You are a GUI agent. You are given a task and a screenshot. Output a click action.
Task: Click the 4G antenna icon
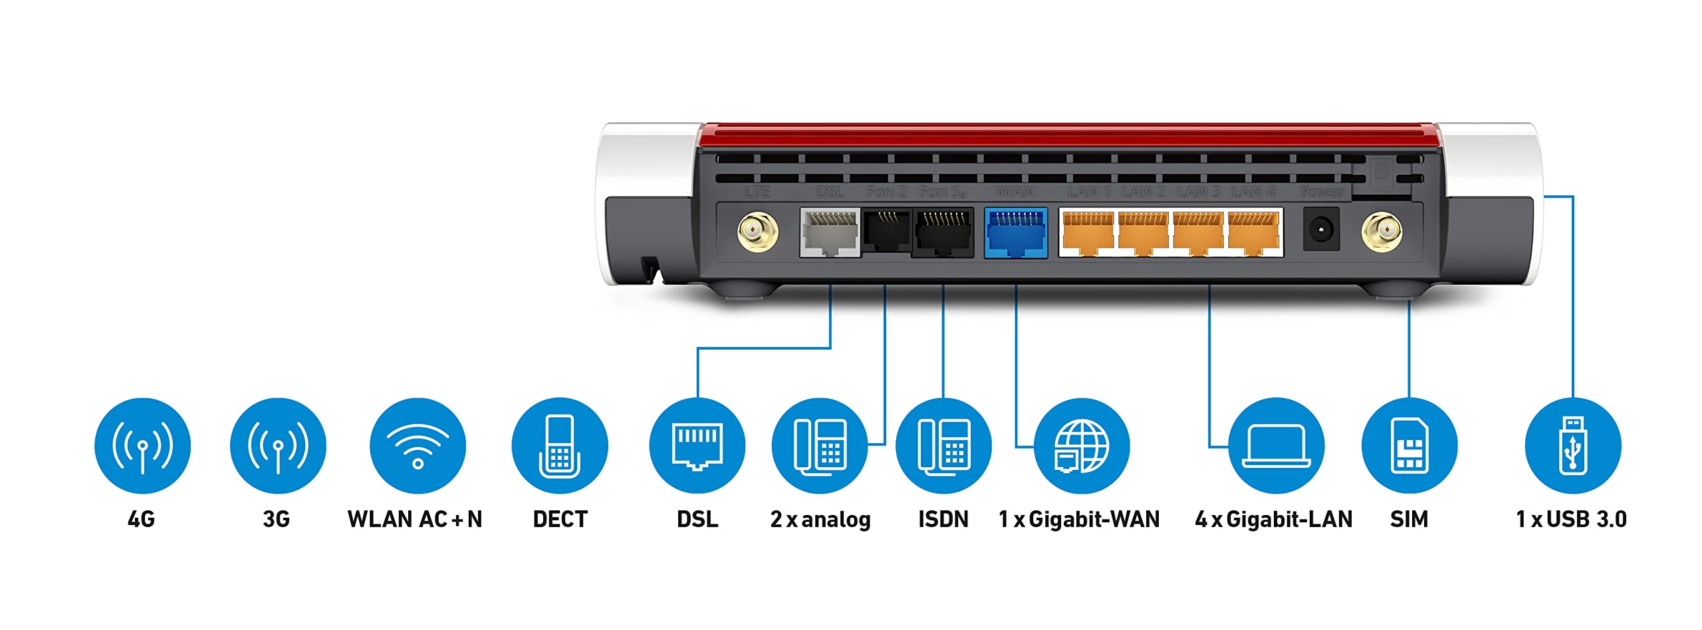(142, 445)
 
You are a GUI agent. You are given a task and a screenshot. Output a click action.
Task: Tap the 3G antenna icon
(278, 445)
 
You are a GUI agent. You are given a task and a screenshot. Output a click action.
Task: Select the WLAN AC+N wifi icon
(418, 445)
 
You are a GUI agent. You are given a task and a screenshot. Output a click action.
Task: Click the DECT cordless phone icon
(560, 445)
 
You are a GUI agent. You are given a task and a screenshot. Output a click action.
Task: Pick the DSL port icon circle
(697, 445)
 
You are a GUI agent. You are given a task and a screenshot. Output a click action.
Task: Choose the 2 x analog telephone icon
(820, 445)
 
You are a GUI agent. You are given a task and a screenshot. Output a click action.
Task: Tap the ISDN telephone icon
(943, 445)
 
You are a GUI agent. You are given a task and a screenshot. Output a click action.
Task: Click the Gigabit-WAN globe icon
(1082, 445)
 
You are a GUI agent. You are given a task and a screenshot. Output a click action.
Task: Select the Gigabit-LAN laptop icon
(1276, 445)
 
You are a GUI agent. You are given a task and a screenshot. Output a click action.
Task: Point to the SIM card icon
(1409, 445)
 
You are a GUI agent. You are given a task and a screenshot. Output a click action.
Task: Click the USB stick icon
(1572, 445)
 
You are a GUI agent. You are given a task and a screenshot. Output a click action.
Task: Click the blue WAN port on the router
(1015, 233)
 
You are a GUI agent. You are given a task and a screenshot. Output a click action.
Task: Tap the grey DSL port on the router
(830, 233)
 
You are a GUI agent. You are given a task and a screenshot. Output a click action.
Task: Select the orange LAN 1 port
(1088, 233)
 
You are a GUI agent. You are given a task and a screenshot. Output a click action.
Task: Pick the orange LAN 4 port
(1253, 233)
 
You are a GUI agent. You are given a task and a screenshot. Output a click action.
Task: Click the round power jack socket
(1320, 230)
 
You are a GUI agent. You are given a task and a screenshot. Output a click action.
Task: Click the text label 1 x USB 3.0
(1571, 519)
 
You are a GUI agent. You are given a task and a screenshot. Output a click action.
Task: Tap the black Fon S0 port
(943, 233)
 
